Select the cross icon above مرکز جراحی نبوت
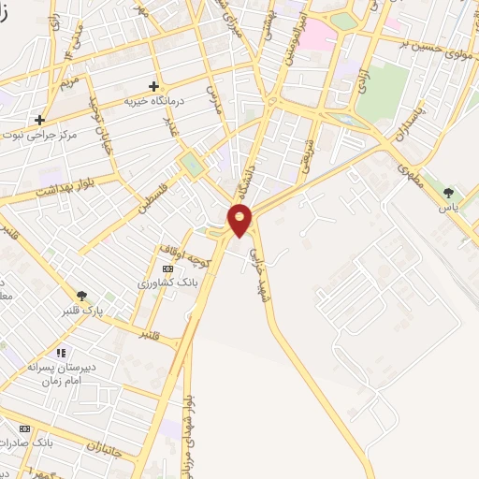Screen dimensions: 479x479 (39, 120)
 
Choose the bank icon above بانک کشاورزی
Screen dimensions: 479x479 (167, 269)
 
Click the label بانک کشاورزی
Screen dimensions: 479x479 (165, 282)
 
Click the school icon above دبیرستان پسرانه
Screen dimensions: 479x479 (61, 353)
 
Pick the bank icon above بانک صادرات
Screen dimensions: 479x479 (24, 428)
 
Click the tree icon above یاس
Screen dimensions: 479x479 (449, 192)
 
